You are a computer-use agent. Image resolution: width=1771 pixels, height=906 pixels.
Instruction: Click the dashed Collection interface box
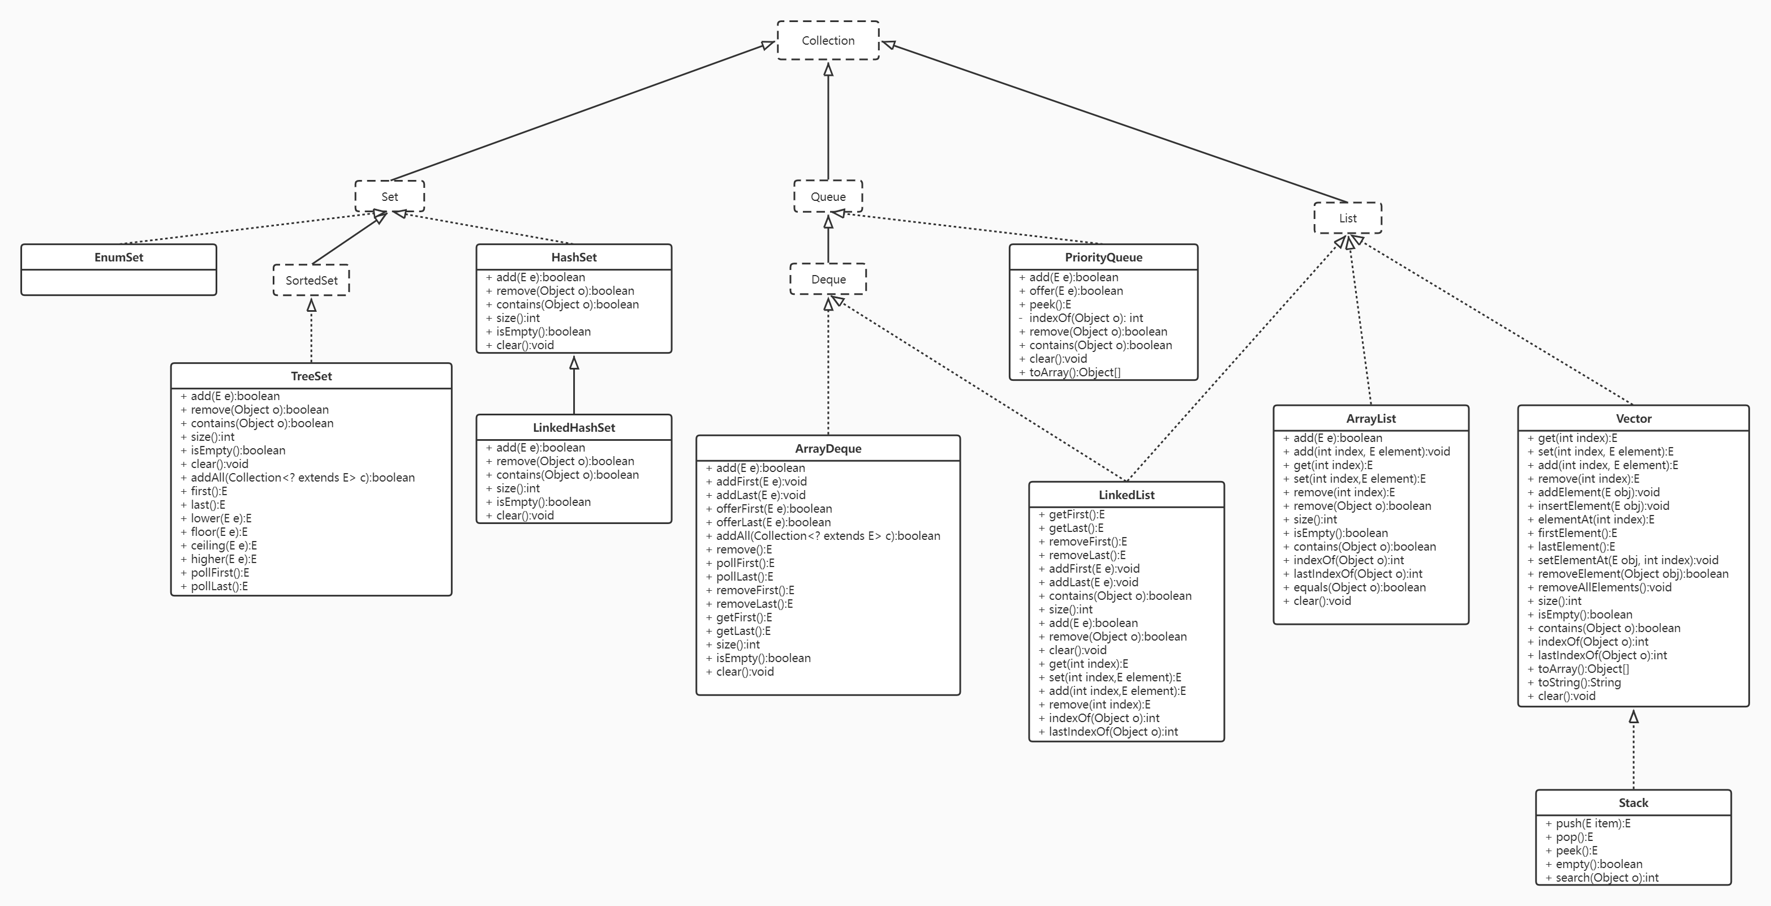(828, 41)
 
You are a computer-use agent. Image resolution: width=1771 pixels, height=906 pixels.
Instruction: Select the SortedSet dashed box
(311, 281)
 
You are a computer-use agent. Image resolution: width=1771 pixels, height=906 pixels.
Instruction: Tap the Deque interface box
(828, 280)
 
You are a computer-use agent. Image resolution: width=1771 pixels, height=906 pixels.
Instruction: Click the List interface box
(1348, 218)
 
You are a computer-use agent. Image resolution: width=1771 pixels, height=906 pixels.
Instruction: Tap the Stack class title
(1633, 803)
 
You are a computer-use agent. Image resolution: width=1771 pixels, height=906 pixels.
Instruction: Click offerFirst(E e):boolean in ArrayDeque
(773, 509)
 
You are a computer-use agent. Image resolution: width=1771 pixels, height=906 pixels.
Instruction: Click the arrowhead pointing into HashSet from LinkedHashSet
(574, 363)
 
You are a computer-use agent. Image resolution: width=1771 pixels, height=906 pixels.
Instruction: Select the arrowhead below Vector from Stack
(1634, 717)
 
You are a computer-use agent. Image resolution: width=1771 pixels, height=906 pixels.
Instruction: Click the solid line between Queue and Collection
(828, 124)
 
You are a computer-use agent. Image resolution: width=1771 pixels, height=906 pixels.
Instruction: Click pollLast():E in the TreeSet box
(218, 586)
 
